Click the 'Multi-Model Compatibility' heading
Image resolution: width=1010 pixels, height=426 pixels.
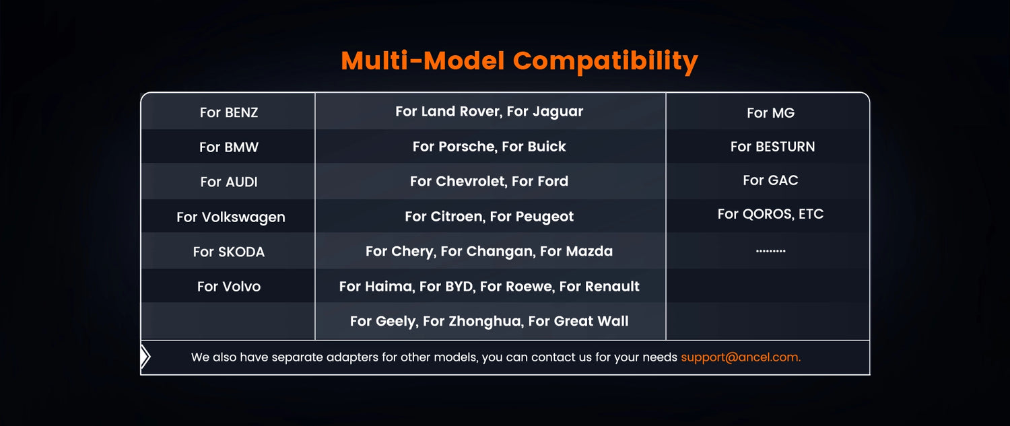point(519,61)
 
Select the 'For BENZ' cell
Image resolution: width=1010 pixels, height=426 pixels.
point(229,112)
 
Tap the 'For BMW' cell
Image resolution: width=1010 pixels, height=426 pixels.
point(229,147)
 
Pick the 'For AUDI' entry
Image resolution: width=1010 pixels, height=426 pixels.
point(229,182)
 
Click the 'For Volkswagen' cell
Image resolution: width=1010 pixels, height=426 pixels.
point(231,217)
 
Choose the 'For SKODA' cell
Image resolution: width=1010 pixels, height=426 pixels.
point(229,252)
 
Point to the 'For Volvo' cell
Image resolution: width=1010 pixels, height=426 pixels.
point(229,286)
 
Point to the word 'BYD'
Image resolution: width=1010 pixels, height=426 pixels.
point(459,286)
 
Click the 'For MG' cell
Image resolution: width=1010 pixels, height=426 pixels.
point(770,112)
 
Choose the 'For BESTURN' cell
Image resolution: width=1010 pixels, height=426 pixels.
point(772,147)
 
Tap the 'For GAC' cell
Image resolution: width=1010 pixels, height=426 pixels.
point(770,180)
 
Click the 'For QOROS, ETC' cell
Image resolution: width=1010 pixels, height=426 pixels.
point(770,214)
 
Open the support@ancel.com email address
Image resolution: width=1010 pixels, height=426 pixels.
point(741,357)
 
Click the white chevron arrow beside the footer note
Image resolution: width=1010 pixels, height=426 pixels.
point(145,357)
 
